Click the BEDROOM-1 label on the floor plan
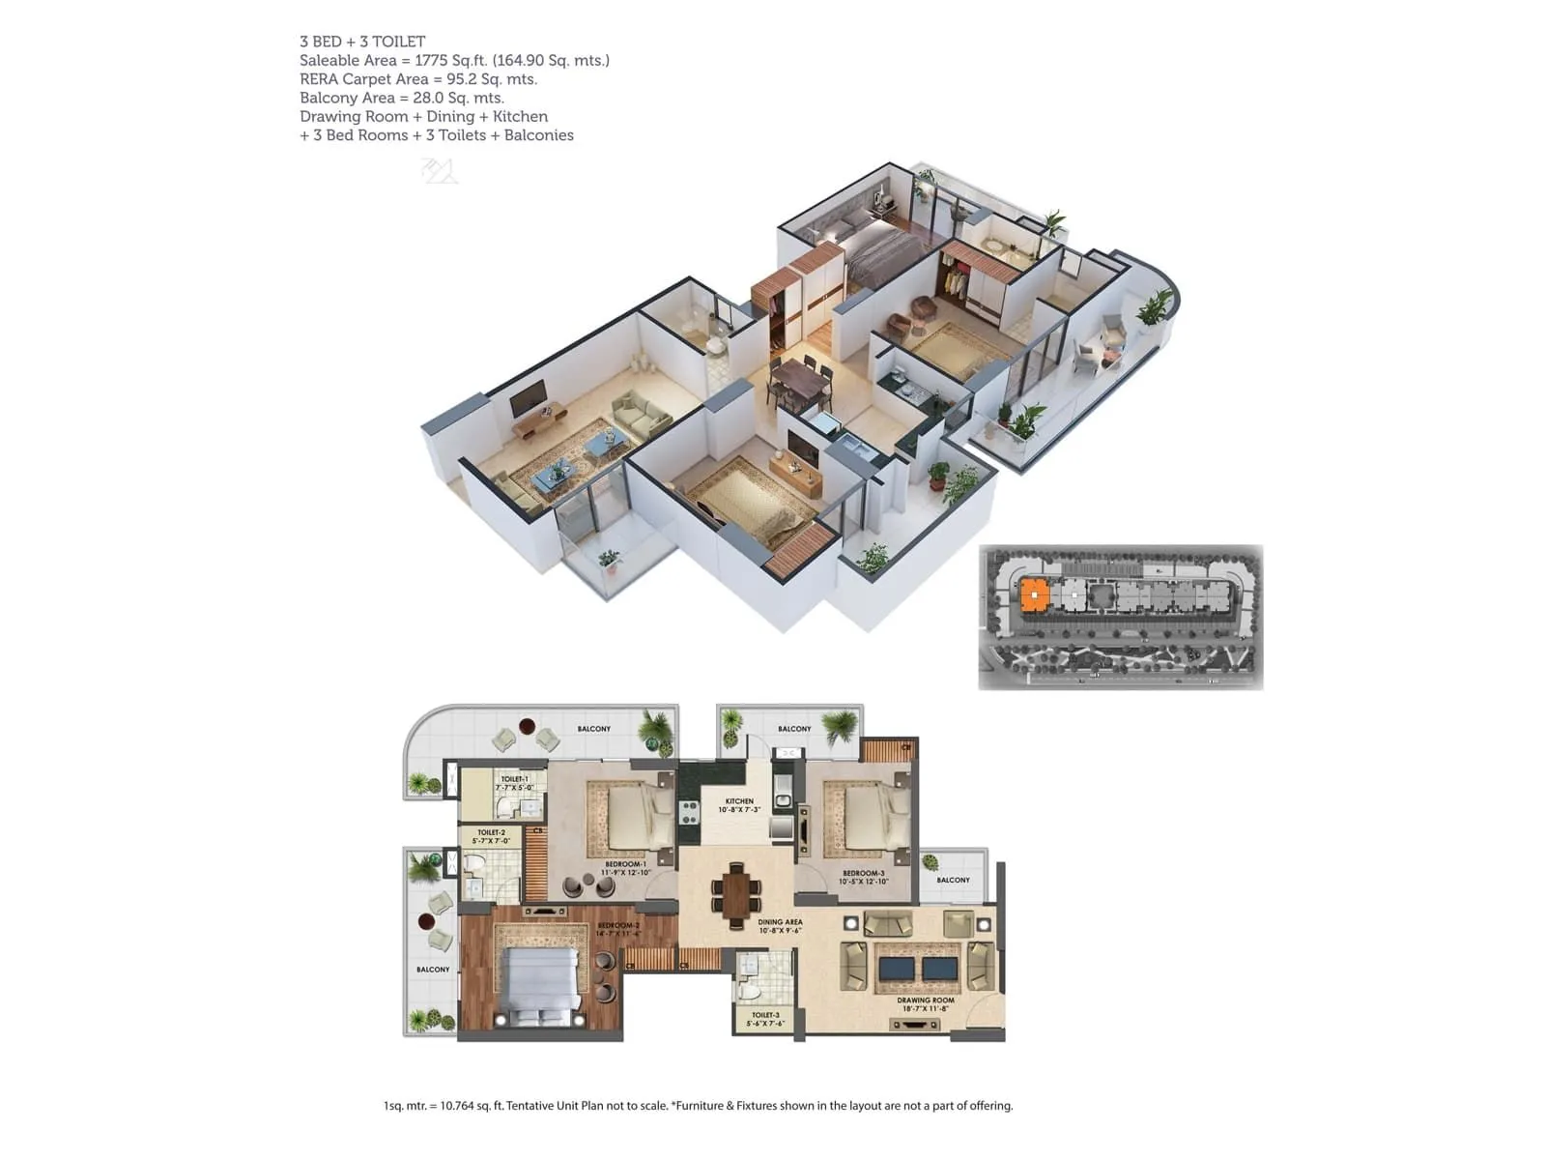(625, 864)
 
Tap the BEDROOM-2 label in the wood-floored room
(618, 926)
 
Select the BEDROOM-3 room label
(863, 874)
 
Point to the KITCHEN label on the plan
(739, 801)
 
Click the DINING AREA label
(780, 922)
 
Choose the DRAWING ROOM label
(925, 1000)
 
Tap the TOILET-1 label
(514, 779)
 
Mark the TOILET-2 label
(491, 832)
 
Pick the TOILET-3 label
(765, 1015)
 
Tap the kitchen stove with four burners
(689, 813)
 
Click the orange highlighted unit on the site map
(1035, 594)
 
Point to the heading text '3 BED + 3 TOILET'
(362, 42)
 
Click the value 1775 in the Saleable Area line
(431, 60)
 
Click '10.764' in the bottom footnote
(458, 1106)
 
